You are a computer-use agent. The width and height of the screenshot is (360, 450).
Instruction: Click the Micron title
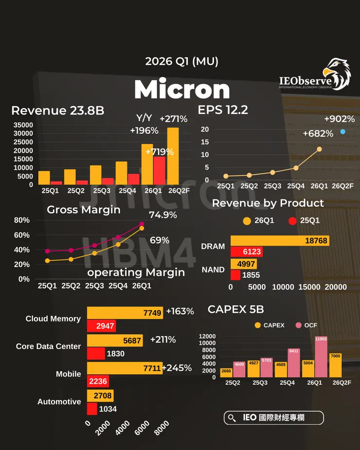[x=182, y=90]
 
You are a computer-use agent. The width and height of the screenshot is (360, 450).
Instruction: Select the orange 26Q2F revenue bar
[x=173, y=156]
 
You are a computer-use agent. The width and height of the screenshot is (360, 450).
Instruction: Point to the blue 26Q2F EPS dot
[x=343, y=132]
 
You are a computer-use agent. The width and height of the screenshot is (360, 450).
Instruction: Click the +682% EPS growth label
[x=318, y=134]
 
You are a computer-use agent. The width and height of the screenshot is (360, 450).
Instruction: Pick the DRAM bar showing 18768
[x=280, y=241]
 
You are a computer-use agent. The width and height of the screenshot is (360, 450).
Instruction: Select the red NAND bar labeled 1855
[x=235, y=275]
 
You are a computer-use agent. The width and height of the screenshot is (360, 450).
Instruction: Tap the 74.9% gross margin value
[x=163, y=215]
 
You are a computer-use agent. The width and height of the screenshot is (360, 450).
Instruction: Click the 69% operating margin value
[x=160, y=240]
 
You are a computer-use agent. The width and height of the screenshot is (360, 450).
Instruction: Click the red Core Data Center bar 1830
[x=96, y=354]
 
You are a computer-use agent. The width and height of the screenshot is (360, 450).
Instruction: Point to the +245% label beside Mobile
[x=178, y=368]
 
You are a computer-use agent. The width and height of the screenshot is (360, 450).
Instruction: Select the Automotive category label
[x=59, y=402]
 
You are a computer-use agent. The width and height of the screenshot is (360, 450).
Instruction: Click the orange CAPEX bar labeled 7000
[x=335, y=365]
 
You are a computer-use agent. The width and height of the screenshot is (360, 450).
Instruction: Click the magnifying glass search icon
[x=233, y=418]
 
